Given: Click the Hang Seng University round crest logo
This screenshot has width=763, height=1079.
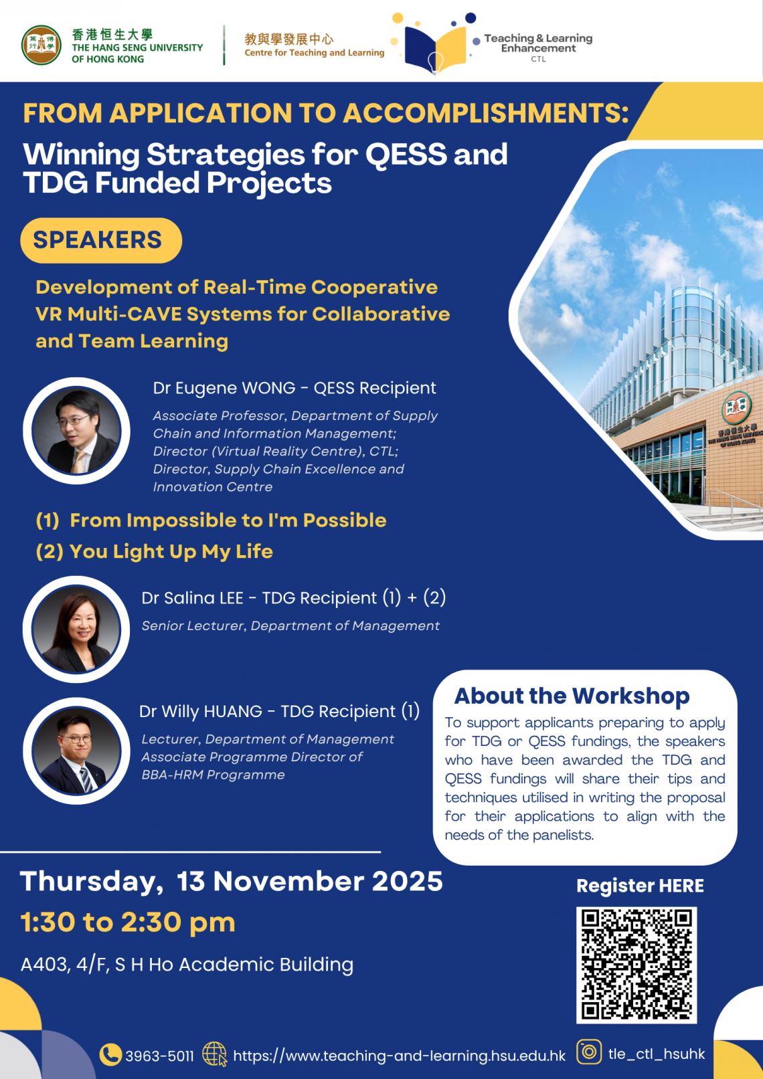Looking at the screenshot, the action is coord(41,45).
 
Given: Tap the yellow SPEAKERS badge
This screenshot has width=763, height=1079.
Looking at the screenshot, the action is coord(101,240).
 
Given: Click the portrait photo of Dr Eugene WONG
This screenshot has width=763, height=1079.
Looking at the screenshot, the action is coord(76,431).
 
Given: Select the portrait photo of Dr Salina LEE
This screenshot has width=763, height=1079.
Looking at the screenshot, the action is coord(76,629).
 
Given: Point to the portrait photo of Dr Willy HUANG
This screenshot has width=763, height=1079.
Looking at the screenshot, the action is coord(76,751).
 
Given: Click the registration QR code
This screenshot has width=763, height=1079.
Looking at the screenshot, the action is coord(637,965).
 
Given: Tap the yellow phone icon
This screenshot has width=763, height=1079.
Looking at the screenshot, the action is coord(110,1054).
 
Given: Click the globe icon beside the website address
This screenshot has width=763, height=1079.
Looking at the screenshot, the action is coord(214,1054).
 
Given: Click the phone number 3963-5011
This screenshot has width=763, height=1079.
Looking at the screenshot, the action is coord(159,1056).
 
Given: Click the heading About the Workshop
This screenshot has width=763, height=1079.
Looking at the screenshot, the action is coord(572,696).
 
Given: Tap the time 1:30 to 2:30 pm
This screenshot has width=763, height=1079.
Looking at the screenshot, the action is coord(128,922).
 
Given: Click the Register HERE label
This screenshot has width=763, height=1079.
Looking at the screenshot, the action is coord(640,886).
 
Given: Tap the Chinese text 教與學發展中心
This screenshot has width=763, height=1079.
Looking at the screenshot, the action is coord(288,39).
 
